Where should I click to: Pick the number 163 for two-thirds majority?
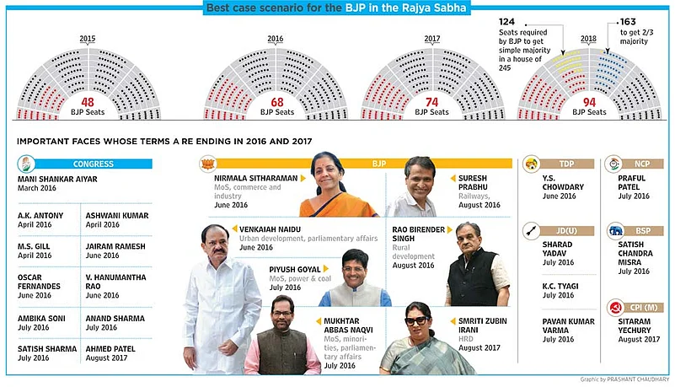pos(629,20)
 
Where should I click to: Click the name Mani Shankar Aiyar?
pos(56,180)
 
